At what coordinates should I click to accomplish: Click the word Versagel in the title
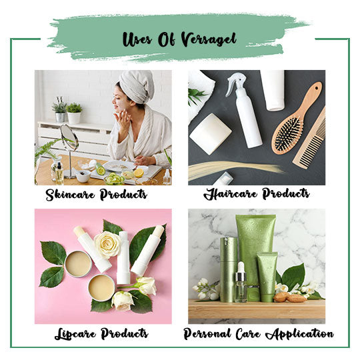pos(209,39)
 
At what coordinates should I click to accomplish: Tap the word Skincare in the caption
pos(70,195)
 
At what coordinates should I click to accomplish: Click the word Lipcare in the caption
pos(75,334)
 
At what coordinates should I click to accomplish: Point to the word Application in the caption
pos(299,334)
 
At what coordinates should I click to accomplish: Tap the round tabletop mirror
pos(69,138)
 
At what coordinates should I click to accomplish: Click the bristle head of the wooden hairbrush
pos(288,135)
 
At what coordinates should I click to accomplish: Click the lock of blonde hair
pos(234,170)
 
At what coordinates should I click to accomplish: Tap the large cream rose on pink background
pos(107,245)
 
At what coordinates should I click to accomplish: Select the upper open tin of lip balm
pos(78,263)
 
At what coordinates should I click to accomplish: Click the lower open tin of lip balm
pos(101,288)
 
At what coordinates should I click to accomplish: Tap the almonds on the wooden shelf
pos(290,297)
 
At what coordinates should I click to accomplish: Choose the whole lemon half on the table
pos(139,173)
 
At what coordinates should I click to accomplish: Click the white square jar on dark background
pos(209,134)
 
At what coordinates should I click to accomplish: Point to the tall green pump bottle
pos(228,269)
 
